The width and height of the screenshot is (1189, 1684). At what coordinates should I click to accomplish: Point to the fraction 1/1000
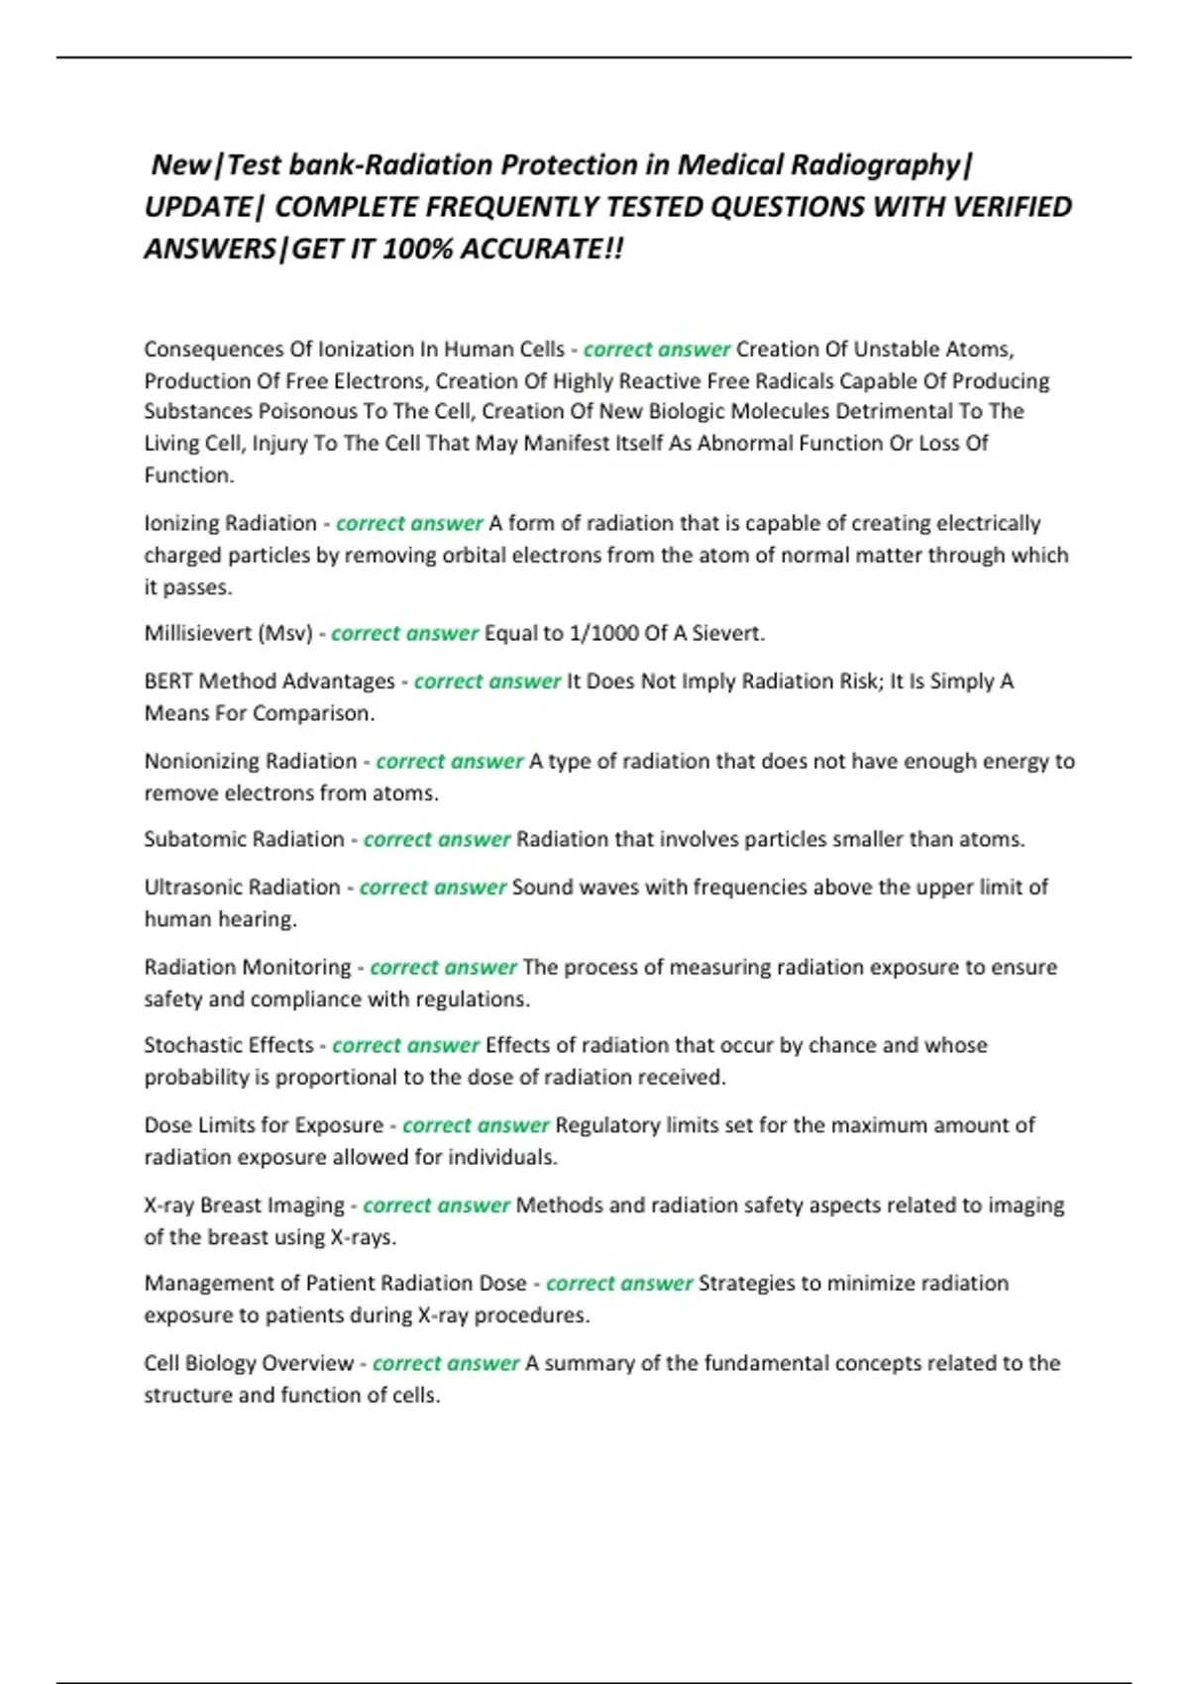coord(603,633)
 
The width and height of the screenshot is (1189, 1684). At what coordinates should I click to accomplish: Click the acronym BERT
coord(168,682)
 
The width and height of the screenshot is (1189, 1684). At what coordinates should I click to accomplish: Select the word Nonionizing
coord(201,761)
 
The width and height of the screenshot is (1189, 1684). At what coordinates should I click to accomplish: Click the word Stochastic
coord(188,1045)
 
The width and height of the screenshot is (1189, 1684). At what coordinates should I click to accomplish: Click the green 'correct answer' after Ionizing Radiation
coord(409,523)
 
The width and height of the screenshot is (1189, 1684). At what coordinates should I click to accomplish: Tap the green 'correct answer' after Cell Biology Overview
coord(446,1363)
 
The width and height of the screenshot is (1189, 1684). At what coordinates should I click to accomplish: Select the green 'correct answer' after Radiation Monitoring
coord(443,967)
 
